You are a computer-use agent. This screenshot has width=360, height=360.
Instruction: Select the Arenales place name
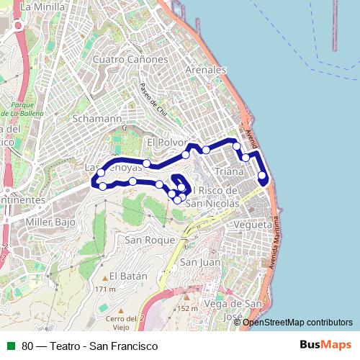206,70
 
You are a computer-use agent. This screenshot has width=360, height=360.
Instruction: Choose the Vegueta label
253,225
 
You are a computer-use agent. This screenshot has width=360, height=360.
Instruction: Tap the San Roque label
150,239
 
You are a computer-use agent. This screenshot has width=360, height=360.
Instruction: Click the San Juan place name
200,262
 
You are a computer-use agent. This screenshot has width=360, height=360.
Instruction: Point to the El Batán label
129,276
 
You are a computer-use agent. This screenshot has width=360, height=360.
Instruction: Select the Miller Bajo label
50,222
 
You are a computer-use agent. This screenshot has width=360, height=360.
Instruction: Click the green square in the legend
11,346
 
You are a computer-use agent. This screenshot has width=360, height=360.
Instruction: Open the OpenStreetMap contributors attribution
298,322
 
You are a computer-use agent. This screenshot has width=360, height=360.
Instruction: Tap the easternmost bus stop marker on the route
262,175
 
